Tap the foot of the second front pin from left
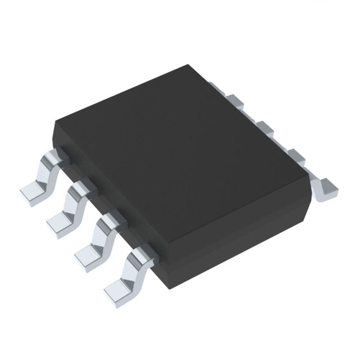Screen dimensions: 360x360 (60, 223)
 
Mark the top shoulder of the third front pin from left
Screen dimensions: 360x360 (107, 217)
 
